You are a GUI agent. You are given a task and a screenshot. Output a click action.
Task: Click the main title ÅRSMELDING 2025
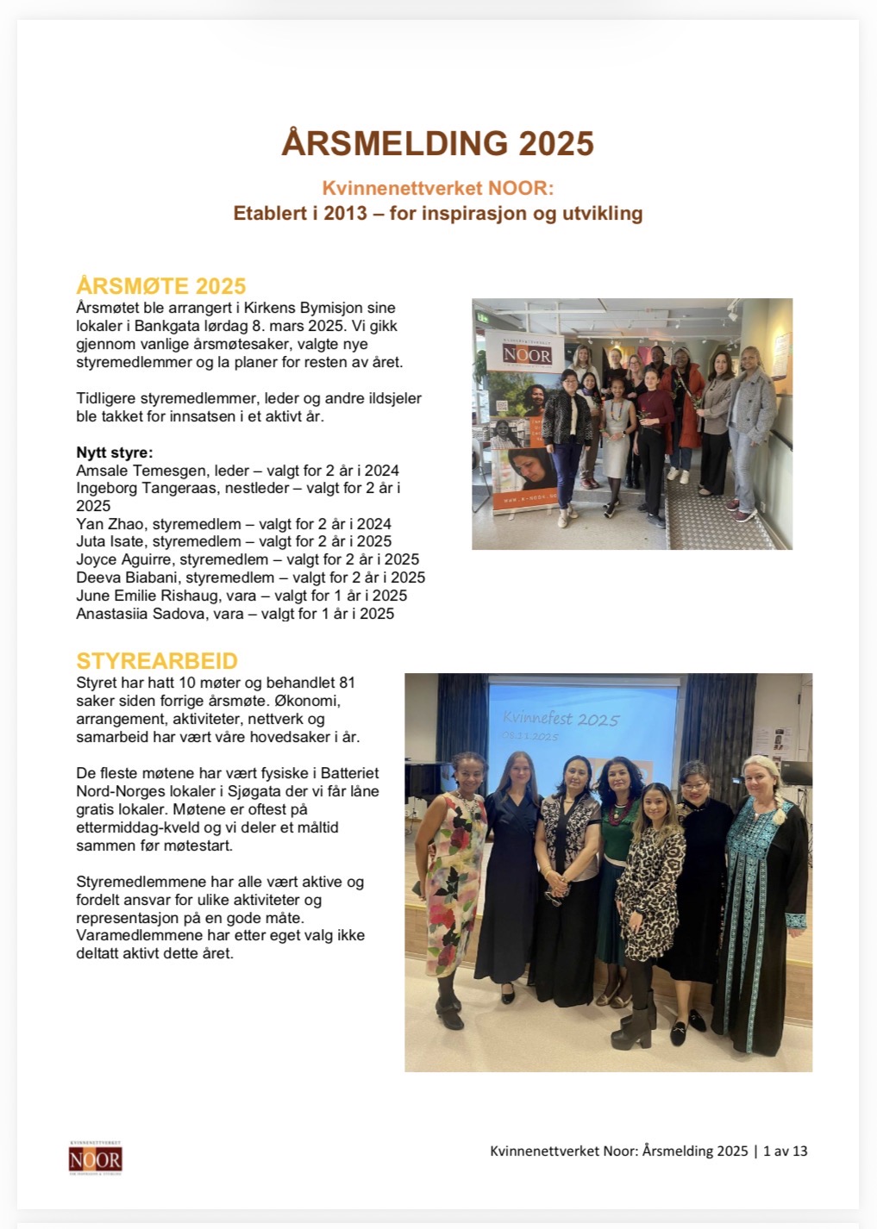[x=437, y=144]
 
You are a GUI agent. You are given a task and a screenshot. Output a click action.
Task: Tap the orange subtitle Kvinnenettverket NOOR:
[x=437, y=188]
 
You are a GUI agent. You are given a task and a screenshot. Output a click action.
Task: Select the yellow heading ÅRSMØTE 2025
[x=161, y=286]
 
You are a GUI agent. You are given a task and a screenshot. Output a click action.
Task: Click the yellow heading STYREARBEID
[x=157, y=661]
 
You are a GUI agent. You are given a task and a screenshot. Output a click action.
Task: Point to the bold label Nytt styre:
[x=114, y=452]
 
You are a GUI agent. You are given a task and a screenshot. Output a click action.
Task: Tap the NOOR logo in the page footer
[x=95, y=1157]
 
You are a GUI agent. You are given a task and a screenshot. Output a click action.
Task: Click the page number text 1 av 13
[x=786, y=1151]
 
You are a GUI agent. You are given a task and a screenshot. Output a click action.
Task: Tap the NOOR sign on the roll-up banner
[x=527, y=354]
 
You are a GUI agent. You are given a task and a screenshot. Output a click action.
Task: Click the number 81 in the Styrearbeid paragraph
[x=347, y=683]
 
